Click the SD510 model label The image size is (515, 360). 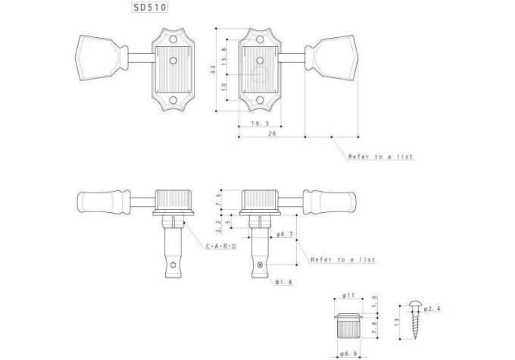tap(150, 8)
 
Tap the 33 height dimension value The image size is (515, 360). tap(213, 70)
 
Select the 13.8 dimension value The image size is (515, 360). tap(224, 56)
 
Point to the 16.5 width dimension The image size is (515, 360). tap(260, 124)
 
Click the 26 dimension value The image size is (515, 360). tap(273, 133)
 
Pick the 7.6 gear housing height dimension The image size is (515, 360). tap(219, 199)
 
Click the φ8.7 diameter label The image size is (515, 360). tap(285, 234)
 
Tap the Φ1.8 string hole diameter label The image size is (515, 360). tap(284, 282)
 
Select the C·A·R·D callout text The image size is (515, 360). tap(221, 246)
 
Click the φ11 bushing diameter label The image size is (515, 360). tap(348, 296)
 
